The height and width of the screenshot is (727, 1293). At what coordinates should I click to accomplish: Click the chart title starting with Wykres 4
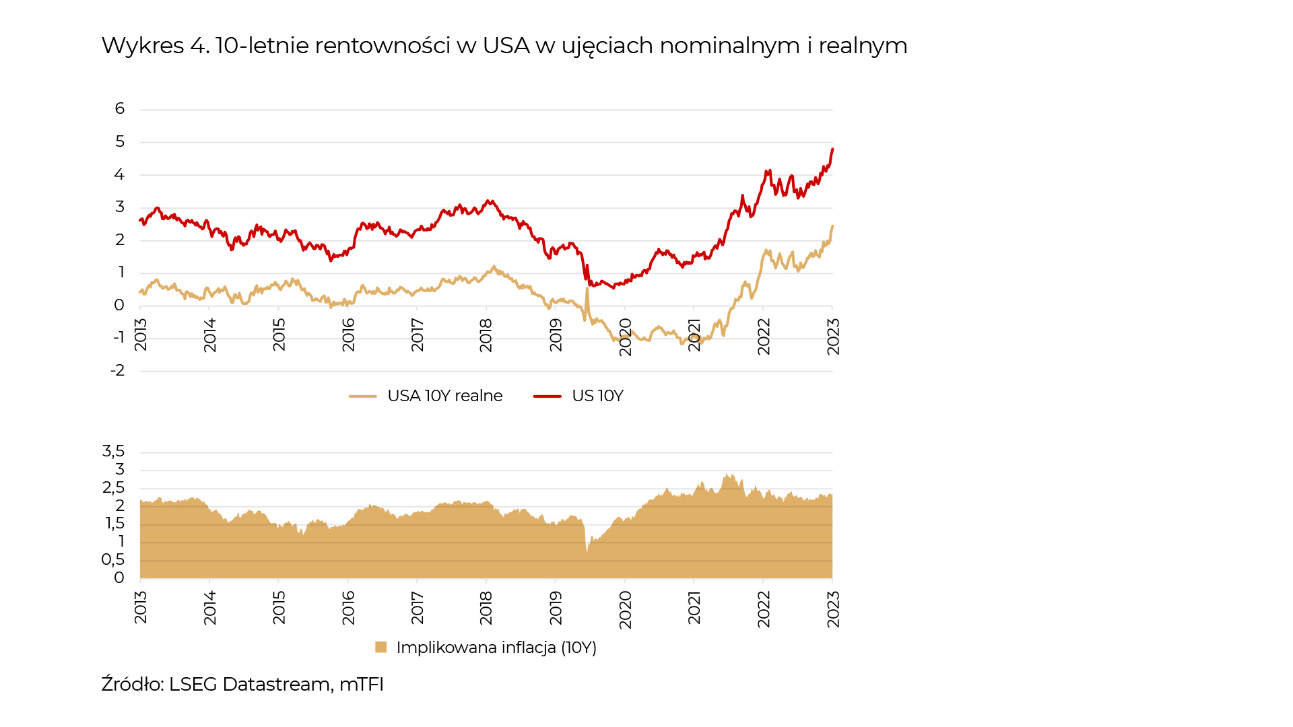(x=504, y=46)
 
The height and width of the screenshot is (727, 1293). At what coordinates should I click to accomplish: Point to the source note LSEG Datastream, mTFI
(x=242, y=684)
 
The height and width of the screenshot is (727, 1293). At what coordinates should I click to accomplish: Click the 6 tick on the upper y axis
(x=120, y=108)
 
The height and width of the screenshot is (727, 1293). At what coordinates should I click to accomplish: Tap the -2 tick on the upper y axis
(x=118, y=370)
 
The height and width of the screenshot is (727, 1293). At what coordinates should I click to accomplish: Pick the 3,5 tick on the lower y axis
(x=113, y=451)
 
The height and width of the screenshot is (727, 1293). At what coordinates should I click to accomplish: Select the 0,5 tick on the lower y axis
(x=113, y=559)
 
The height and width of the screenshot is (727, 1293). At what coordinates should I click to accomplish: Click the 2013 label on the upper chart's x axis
(x=141, y=335)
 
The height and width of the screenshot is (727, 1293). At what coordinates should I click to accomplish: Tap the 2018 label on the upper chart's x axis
(x=486, y=335)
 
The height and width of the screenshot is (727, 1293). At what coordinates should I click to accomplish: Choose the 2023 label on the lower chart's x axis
(x=833, y=609)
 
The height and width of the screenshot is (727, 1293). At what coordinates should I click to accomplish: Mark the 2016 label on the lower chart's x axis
(x=348, y=607)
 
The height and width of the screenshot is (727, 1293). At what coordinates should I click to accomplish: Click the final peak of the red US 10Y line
(x=832, y=149)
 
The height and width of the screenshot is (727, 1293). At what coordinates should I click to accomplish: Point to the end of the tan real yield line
(x=832, y=226)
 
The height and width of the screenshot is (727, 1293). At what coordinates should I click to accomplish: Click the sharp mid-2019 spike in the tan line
(x=587, y=289)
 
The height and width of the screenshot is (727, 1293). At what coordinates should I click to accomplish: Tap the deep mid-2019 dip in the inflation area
(x=587, y=552)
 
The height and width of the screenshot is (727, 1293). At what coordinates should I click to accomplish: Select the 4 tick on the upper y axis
(x=120, y=174)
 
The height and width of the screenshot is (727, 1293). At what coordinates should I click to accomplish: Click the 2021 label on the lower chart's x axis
(x=694, y=607)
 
